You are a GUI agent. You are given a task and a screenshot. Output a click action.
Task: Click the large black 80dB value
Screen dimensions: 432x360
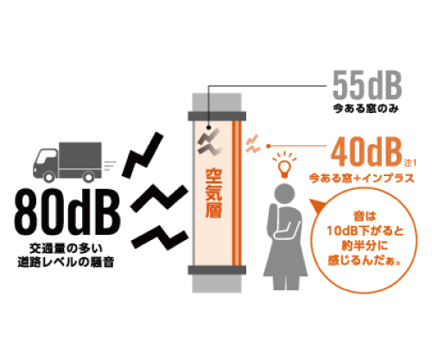tap(67, 212)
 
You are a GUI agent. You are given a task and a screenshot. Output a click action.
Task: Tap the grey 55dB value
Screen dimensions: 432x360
tap(367, 85)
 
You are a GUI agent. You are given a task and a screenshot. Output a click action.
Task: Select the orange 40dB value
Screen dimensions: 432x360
tap(366, 152)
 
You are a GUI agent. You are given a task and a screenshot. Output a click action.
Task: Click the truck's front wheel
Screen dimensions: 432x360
tap(48, 176)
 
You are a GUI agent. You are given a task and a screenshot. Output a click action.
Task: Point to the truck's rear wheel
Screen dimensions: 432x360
tap(88, 176)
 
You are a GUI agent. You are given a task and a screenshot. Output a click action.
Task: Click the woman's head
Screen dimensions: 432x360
tap(285, 193)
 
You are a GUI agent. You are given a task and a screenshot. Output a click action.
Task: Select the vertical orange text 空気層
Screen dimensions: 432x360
tap(214, 193)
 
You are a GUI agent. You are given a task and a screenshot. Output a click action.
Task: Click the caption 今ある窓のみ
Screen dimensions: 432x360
tap(366, 109)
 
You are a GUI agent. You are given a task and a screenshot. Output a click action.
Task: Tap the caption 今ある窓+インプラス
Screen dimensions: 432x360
tap(362, 179)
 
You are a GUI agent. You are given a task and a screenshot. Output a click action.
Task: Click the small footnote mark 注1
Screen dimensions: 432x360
tap(410, 163)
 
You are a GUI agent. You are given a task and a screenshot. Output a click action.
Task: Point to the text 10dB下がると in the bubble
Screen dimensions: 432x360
tap(365, 231)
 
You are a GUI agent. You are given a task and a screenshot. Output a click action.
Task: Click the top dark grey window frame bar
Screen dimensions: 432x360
tap(217, 116)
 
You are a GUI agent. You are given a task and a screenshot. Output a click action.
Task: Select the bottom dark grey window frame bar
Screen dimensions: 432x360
tap(217, 270)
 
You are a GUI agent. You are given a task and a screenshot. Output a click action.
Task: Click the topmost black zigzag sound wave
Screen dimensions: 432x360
tap(143, 155)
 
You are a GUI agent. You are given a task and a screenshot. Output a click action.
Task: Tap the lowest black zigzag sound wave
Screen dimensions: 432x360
tap(160, 237)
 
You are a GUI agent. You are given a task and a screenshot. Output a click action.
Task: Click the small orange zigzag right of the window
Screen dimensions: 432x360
tap(252, 144)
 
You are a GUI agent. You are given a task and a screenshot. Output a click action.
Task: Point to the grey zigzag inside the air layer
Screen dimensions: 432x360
tap(210, 142)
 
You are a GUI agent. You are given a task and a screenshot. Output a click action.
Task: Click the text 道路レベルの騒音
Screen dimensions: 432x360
tap(67, 262)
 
